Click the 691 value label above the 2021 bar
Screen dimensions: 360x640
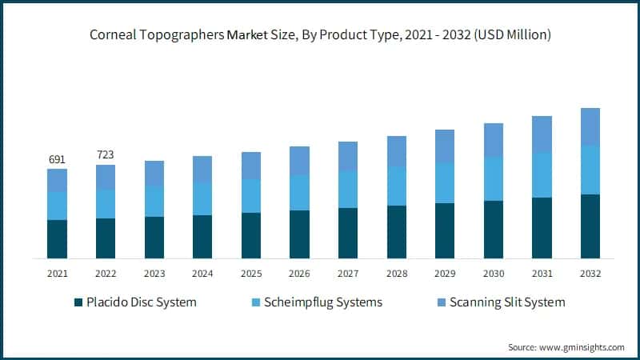(x=57, y=159)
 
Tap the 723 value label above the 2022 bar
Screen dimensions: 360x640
(x=106, y=154)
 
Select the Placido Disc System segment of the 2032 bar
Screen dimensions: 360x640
(x=590, y=226)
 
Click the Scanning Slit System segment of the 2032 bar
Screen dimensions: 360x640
(x=590, y=126)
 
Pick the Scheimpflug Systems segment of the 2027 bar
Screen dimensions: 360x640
(x=348, y=189)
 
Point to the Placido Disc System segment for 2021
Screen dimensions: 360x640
(x=57, y=239)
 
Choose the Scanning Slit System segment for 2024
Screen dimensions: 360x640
(x=202, y=169)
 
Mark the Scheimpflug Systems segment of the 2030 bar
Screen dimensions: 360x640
(x=494, y=178)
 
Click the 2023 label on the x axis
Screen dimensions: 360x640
(x=154, y=274)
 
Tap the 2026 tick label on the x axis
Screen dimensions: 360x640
(x=299, y=274)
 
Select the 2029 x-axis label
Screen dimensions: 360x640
(x=445, y=274)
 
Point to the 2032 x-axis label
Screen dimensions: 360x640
(x=590, y=274)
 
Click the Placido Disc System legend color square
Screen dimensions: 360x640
(x=78, y=302)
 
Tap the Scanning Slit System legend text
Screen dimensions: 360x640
(x=507, y=302)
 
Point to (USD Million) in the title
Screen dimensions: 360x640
(x=509, y=35)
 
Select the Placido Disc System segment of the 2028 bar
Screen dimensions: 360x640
(x=396, y=232)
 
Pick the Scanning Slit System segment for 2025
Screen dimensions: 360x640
(x=251, y=166)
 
